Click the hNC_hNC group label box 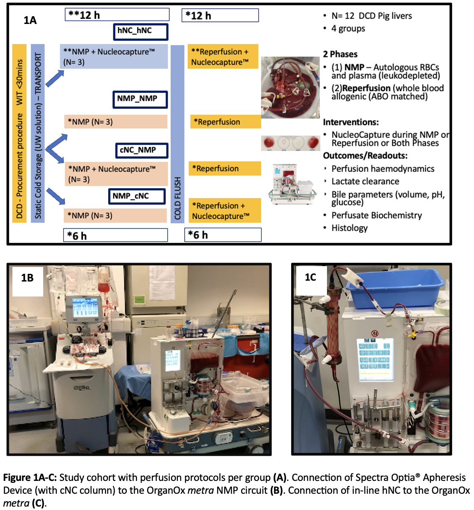click(140, 31)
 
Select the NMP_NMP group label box click(140, 99)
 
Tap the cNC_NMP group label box click(141, 150)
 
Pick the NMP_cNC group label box click(136, 196)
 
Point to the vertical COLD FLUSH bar click(177, 133)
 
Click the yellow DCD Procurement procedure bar click(19, 133)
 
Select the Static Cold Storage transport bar click(38, 133)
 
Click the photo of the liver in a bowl click(290, 87)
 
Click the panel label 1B click(27, 279)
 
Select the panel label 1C click(310, 277)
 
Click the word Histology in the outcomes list click(349, 228)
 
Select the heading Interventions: click(350, 122)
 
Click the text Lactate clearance click(365, 181)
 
